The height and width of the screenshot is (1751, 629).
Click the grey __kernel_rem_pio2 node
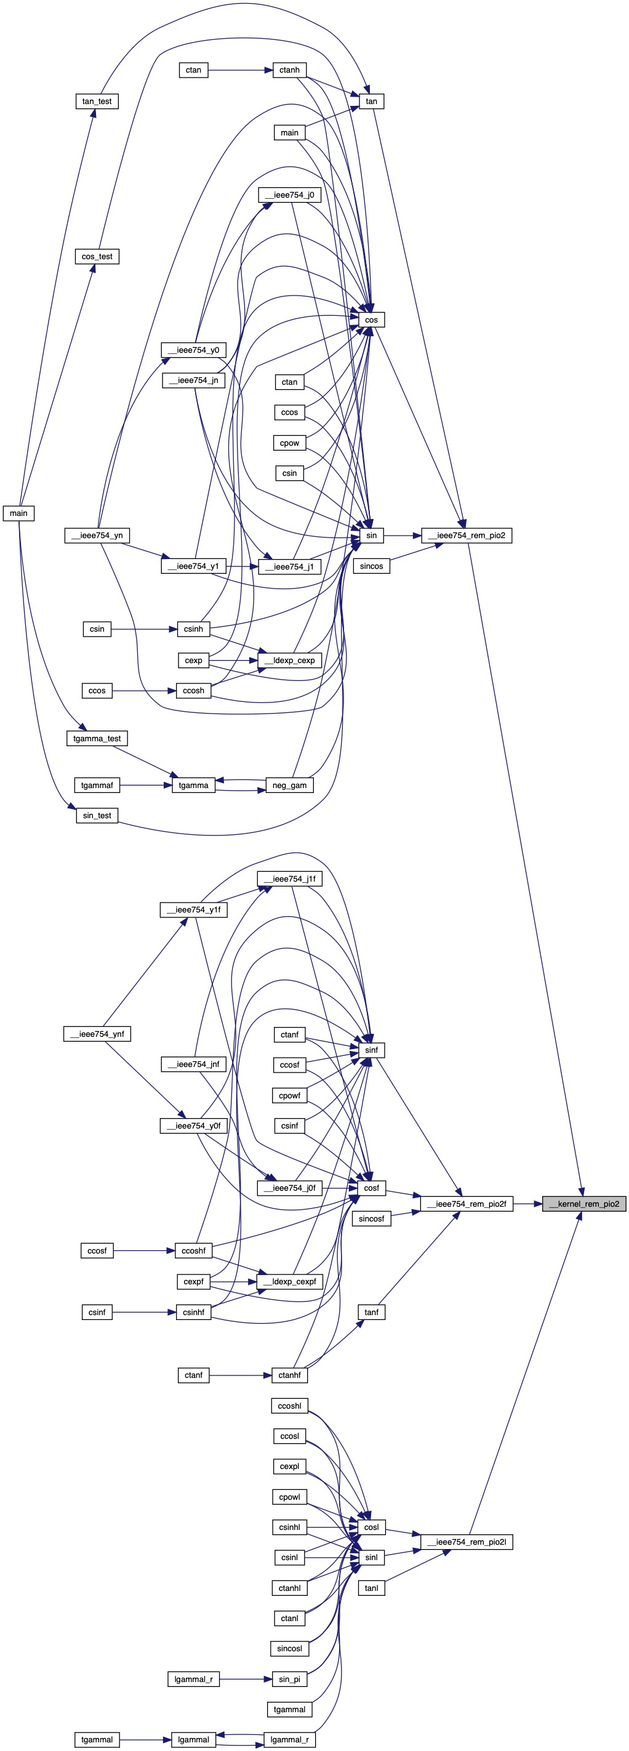583,1204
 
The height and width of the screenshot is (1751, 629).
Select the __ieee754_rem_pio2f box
466,1204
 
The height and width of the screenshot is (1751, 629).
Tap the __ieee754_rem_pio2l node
466,1542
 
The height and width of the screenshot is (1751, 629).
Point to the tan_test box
97,102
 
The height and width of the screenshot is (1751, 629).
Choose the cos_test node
97,256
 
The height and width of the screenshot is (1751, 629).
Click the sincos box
371,566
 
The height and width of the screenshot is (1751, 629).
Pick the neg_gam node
289,785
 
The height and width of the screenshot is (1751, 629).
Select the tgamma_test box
97,738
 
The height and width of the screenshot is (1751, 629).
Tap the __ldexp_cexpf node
289,1281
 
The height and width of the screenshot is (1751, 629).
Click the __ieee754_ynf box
97,1034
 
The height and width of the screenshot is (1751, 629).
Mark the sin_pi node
289,1679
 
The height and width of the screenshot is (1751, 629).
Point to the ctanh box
289,70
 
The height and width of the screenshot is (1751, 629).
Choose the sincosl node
289,1648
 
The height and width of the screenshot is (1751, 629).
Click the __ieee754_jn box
194,380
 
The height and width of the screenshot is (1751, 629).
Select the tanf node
371,1312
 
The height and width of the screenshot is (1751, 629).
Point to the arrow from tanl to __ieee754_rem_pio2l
414,1568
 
